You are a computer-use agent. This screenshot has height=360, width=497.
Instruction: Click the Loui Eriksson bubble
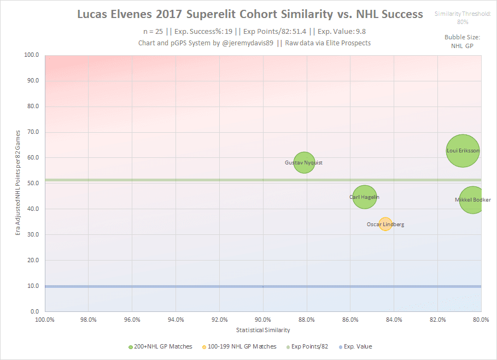(463, 150)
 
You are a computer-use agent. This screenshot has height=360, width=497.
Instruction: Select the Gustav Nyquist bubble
(305, 162)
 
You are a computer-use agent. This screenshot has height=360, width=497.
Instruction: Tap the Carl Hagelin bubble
(365, 197)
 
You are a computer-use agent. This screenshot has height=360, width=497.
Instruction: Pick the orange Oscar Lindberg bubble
(385, 224)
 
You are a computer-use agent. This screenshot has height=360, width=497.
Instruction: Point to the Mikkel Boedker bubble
(473, 200)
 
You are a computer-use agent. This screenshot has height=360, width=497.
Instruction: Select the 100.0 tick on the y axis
(32, 55)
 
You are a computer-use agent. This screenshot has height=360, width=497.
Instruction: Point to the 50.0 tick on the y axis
(33, 184)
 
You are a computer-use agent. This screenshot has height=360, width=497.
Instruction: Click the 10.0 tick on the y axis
(33, 286)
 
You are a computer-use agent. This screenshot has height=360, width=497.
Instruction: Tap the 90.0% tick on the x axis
(263, 320)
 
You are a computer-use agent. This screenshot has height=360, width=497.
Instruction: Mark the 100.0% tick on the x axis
(44, 320)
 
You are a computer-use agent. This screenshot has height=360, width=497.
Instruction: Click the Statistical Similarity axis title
(263, 331)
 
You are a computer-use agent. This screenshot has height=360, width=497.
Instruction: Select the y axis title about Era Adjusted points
(19, 183)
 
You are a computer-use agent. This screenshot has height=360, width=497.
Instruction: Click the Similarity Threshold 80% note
(463, 17)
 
